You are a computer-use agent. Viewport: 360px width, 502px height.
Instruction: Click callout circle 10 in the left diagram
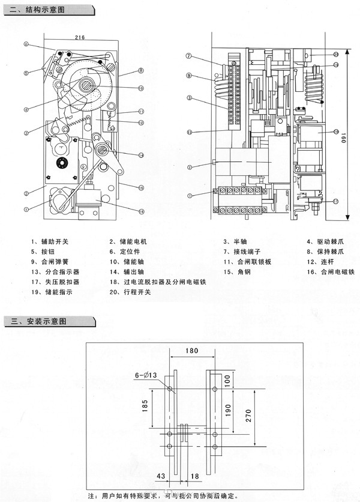139,88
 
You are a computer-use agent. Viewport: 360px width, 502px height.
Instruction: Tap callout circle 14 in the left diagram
139,155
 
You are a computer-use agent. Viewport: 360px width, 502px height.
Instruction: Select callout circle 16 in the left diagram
139,211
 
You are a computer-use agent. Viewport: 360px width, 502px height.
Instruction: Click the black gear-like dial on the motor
60,162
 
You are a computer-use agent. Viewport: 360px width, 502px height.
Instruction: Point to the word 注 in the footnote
91,496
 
